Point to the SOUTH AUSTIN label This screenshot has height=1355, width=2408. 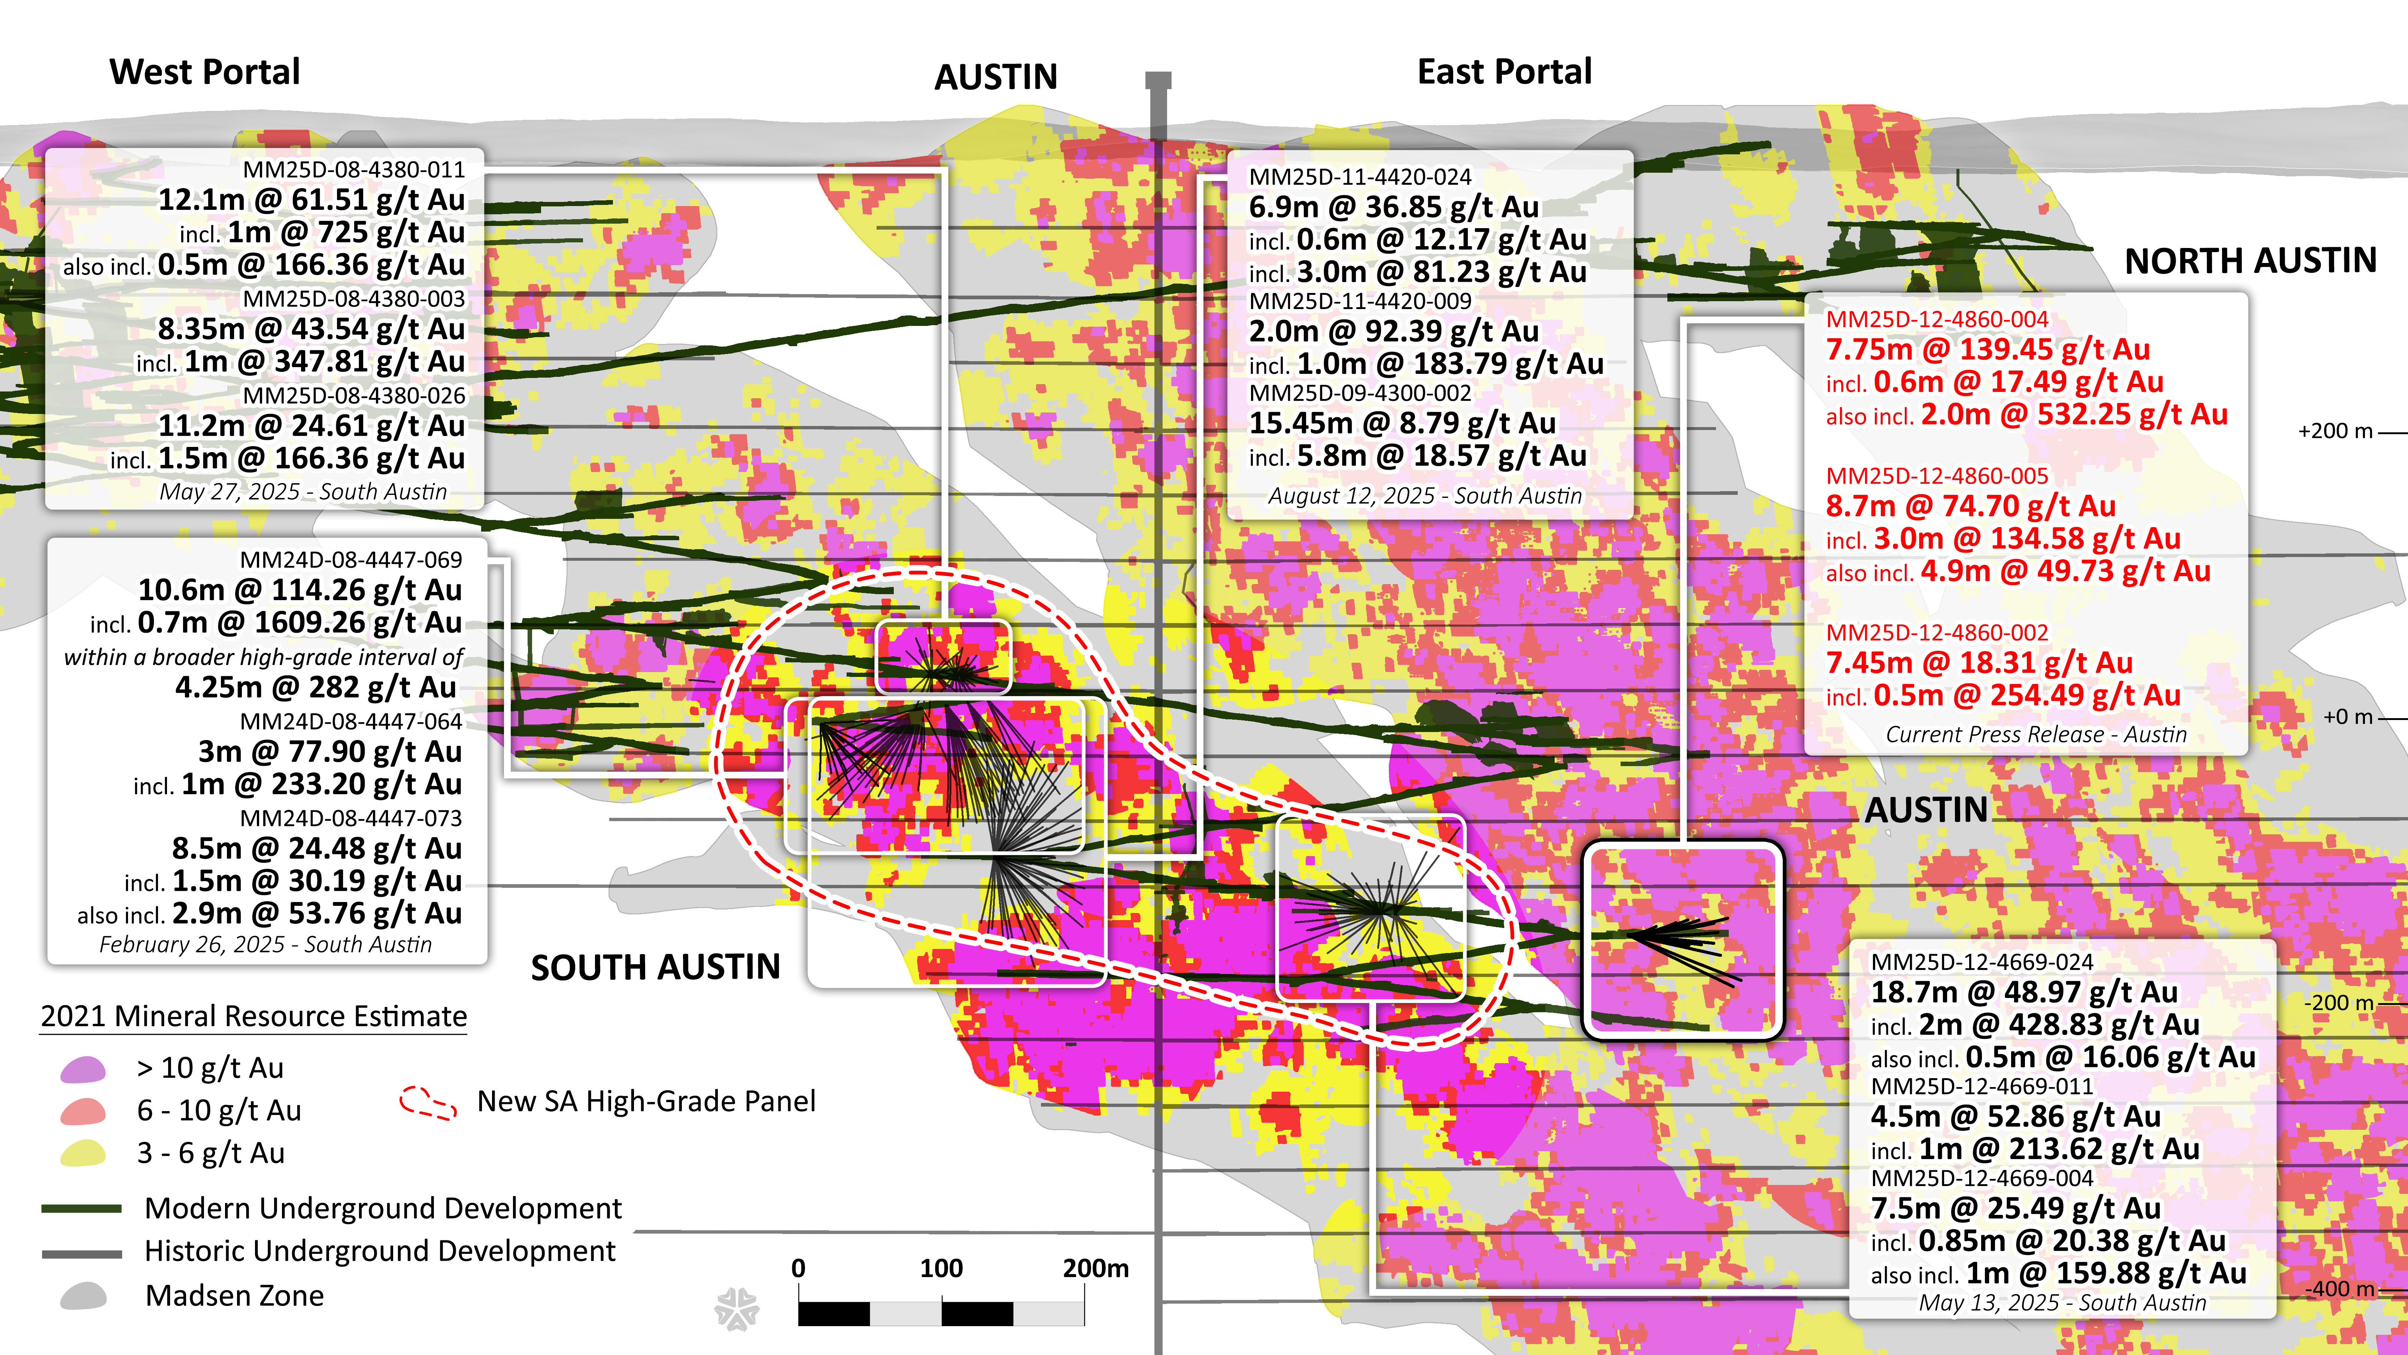(655, 967)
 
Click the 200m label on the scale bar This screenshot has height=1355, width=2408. (1094, 1269)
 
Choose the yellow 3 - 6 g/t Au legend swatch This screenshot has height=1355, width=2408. (83, 1153)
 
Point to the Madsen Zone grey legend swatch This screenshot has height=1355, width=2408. (83, 1296)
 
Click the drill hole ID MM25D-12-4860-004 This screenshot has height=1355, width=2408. (1937, 319)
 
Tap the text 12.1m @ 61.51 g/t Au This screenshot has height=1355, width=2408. (311, 200)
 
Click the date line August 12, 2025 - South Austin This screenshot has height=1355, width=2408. (1425, 496)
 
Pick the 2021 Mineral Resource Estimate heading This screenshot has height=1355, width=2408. (253, 1016)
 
